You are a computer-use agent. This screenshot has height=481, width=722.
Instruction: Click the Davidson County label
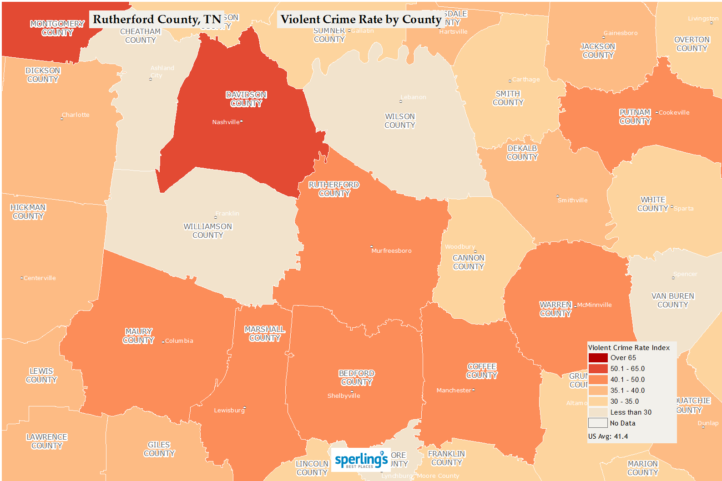[x=246, y=99]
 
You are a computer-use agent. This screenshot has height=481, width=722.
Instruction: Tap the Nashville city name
[x=226, y=122]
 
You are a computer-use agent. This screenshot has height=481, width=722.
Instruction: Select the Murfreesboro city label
[x=391, y=251]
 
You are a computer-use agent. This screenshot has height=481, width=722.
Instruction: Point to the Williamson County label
[x=208, y=230]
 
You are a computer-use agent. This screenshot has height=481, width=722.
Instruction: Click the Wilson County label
[x=400, y=121]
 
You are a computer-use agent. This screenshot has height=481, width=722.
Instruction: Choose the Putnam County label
[x=635, y=117]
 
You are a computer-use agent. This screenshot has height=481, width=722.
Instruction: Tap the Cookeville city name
[x=674, y=113]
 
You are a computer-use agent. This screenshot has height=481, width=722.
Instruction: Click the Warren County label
[x=555, y=309]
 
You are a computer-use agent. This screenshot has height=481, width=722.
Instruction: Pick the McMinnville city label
[x=594, y=305]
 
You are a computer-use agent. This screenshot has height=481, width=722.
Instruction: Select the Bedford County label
[x=357, y=378]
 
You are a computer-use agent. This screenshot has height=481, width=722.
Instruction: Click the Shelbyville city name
[x=343, y=396]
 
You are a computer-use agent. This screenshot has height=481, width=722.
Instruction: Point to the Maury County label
[x=139, y=336]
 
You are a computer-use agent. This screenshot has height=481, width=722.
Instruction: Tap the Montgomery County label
[x=57, y=28]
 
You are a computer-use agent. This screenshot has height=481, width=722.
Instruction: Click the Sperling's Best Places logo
[x=361, y=460]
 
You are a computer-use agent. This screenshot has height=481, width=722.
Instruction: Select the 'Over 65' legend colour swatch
[x=598, y=358]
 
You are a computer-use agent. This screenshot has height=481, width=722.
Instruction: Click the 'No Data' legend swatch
[x=598, y=423]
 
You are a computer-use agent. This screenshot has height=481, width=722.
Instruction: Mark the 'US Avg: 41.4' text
[x=608, y=436]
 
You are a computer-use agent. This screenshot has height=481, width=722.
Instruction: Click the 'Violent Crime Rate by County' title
[x=361, y=20]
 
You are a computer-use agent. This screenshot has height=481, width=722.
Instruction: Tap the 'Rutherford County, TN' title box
[x=157, y=20]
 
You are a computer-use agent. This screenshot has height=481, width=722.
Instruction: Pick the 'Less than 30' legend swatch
[x=598, y=412]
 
